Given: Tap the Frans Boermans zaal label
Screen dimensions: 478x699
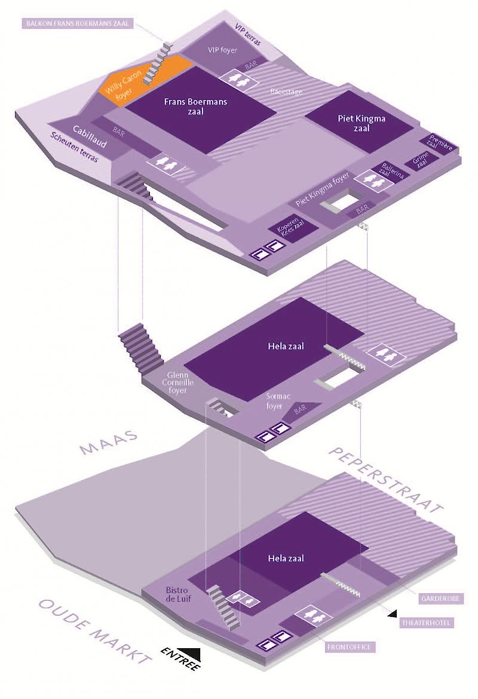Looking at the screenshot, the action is point(195,106).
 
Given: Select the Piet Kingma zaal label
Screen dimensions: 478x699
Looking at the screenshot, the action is point(361,123).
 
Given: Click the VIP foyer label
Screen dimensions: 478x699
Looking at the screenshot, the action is point(222,50).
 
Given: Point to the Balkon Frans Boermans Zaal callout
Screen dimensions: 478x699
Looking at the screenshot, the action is point(78,23).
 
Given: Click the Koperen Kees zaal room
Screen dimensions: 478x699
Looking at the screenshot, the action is point(293,228).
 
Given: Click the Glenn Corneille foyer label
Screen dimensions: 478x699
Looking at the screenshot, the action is point(177,383).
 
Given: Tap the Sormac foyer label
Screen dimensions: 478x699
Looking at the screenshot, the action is point(278,401).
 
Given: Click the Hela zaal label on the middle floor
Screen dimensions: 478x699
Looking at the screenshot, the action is point(286,346).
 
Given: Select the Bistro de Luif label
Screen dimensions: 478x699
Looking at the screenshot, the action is point(178,594).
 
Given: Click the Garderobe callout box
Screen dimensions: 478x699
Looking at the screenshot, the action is point(440,599).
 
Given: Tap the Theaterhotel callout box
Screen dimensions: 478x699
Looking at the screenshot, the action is point(426,623).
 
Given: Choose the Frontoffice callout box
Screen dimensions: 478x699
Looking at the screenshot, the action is point(349,647).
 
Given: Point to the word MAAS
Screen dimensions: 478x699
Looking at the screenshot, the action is point(109,442).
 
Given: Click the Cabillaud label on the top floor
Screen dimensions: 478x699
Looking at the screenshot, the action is point(90,136).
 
